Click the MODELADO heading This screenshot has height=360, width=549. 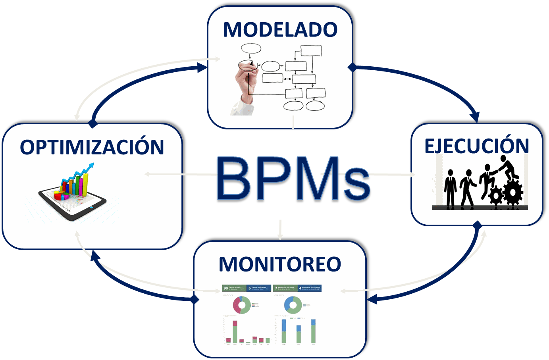tap(280, 30)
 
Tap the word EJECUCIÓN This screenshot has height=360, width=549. tap(477, 146)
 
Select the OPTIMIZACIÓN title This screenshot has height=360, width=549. tap(92, 147)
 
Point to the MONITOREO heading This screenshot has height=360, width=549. tap(280, 264)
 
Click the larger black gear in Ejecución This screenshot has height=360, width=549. tap(513, 192)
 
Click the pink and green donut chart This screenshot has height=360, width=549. tap(242, 305)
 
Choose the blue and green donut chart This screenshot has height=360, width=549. tap(293, 305)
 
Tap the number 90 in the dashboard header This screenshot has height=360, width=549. tap(226, 288)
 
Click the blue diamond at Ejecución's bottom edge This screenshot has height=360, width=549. tap(478, 225)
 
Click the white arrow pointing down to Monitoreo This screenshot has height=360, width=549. tap(280, 236)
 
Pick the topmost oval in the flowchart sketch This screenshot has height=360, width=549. tap(251, 48)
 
